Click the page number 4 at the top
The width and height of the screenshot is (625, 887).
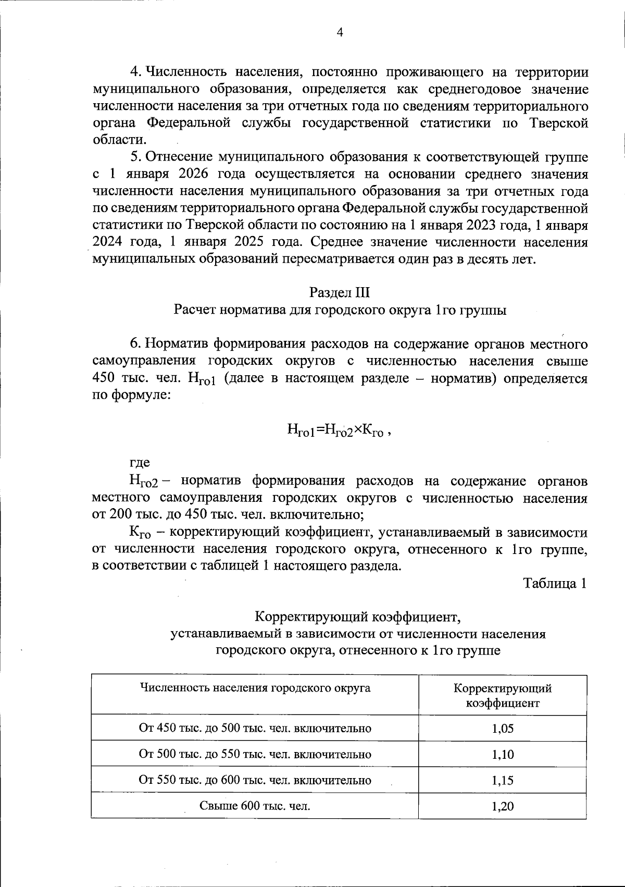tap(340, 32)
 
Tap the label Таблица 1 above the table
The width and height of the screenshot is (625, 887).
tap(555, 583)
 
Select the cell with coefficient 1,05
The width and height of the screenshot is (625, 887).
tap(503, 728)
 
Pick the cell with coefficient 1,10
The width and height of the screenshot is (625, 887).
tap(503, 754)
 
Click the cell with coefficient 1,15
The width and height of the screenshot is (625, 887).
tap(503, 780)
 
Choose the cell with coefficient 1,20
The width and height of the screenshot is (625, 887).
tap(503, 806)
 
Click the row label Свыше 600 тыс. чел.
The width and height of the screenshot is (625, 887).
tap(255, 806)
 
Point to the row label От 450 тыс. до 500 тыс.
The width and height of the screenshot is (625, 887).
tap(255, 728)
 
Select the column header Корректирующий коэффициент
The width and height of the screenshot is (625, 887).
tap(503, 695)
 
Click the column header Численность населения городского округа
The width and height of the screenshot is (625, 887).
tap(255, 688)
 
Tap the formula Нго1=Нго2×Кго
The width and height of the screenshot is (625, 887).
tap(337, 430)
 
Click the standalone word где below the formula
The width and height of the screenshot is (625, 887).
tap(140, 462)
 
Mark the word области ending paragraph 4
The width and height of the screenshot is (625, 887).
tap(118, 140)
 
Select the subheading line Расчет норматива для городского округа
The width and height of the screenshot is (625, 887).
tap(340, 310)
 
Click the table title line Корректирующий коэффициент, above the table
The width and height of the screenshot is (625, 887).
tap(358, 617)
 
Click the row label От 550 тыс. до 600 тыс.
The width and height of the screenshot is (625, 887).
tap(255, 780)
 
